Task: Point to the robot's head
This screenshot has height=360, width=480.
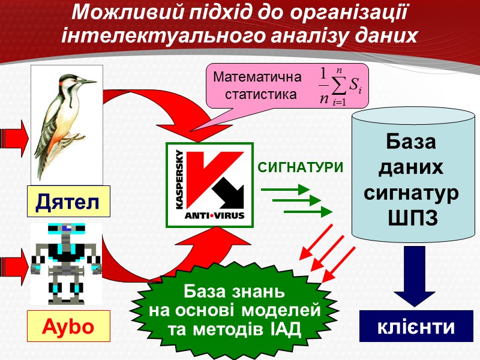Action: pos(67,231)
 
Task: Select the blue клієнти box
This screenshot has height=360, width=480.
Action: pos(416,328)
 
